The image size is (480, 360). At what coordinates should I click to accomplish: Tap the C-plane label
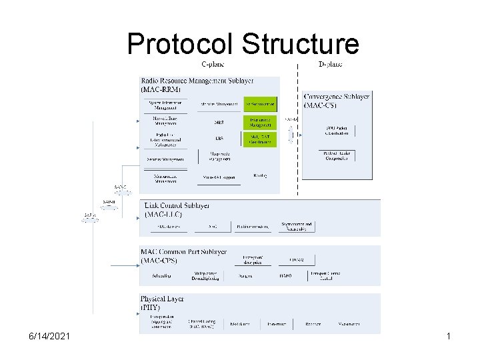213,64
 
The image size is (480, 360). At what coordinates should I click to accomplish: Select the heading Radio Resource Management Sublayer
197,80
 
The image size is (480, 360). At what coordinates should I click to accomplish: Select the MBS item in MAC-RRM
219,123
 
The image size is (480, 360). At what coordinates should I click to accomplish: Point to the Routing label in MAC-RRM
260,175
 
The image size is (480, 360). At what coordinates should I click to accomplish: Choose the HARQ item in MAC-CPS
286,275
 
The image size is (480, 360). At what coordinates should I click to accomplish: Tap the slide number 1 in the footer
449,337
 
